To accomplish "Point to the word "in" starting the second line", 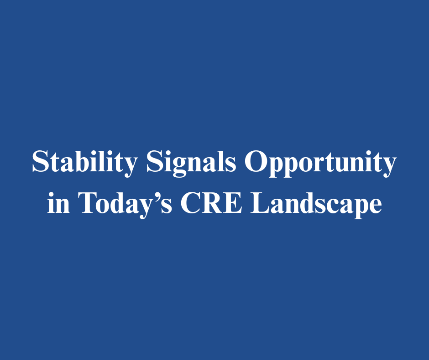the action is (x=58, y=202).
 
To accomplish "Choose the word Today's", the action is (x=125, y=204).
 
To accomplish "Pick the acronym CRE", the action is (x=211, y=202).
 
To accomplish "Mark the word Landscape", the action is (x=316, y=204).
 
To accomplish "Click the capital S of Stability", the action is (x=40, y=161).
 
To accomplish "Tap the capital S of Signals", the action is (x=155, y=161).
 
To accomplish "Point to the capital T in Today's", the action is (x=88, y=202).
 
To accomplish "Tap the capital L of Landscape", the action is (x=260, y=202).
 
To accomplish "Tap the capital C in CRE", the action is (x=191, y=202).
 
